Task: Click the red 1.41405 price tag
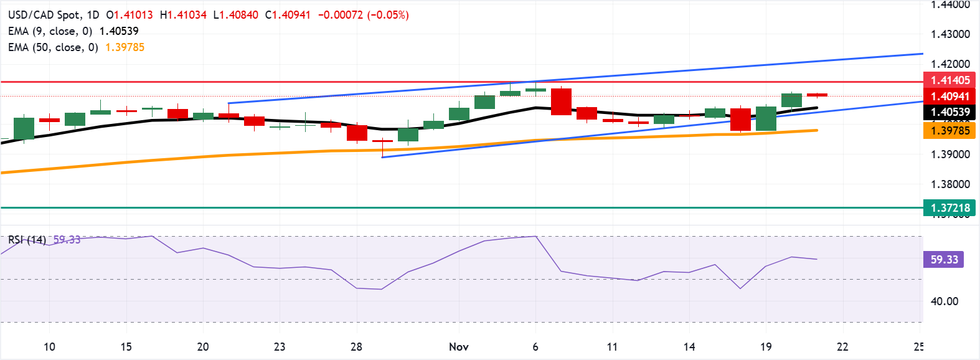[950, 80]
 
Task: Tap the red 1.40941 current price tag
[950, 97]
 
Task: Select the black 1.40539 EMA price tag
[950, 113]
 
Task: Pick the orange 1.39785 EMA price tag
[950, 131]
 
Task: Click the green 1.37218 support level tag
[950, 208]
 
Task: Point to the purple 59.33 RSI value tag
[944, 260]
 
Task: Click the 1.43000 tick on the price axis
[950, 34]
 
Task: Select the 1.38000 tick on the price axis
[950, 184]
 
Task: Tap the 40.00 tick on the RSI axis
[944, 301]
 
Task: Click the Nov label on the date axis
[459, 347]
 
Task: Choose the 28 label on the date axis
[356, 347]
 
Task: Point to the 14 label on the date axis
[689, 347]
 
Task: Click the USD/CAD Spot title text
[44, 15]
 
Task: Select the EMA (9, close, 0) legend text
[50, 31]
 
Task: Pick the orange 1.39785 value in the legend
[125, 47]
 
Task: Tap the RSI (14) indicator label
[27, 240]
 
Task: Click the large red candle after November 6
[561, 102]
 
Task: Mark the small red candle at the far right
[817, 95]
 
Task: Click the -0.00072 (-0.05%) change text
[363, 15]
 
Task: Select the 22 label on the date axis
[842, 347]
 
